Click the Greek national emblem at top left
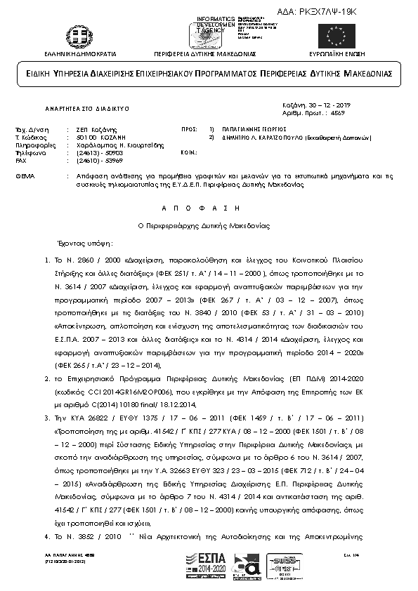coord(76,35)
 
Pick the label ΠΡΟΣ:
coord(188,130)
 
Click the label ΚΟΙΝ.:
coord(188,152)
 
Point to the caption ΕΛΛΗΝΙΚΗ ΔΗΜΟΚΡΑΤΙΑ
coord(75,53)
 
